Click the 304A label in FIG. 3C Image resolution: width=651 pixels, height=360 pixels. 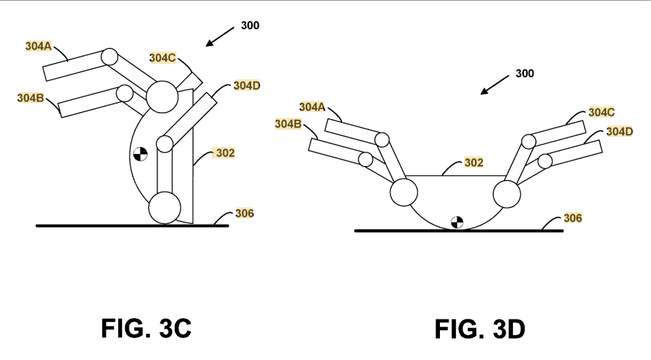click(38, 46)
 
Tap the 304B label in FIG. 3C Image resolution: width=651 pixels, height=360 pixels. click(31, 98)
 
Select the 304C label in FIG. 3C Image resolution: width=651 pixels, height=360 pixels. click(162, 58)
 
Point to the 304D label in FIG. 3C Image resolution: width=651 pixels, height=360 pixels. click(247, 85)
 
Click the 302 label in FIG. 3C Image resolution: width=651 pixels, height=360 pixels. click(226, 153)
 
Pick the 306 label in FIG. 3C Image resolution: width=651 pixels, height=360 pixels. click(244, 214)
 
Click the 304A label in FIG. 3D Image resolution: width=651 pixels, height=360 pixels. click(312, 107)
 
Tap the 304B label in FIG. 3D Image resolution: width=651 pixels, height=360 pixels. click(288, 124)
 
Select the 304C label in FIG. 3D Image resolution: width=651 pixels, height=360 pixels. click(601, 112)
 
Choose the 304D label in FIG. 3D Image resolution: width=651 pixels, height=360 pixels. click(619, 132)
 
